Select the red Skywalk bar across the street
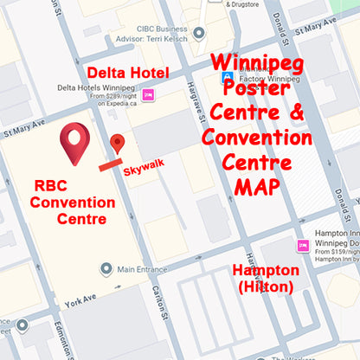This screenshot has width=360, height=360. [x=109, y=163]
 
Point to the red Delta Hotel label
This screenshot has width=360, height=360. [x=128, y=72]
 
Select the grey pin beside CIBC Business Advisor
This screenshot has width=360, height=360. [x=201, y=34]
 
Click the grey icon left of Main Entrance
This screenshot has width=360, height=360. [x=106, y=269]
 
